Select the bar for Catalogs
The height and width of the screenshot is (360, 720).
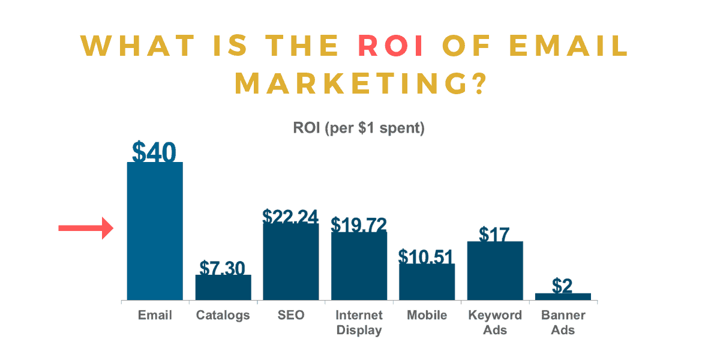223,287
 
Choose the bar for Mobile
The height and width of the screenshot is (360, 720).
427,281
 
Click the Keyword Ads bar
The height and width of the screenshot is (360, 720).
495,271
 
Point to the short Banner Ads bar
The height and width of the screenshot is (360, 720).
563,296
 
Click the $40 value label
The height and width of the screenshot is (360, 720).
154,152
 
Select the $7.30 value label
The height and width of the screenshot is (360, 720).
223,268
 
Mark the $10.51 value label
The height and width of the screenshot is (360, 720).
427,256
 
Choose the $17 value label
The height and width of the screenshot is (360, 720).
495,233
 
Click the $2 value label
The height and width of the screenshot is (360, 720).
562,286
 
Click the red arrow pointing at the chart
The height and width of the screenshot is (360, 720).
86,228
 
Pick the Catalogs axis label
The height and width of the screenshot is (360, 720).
223,315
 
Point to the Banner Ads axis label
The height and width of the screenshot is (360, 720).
563,322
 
